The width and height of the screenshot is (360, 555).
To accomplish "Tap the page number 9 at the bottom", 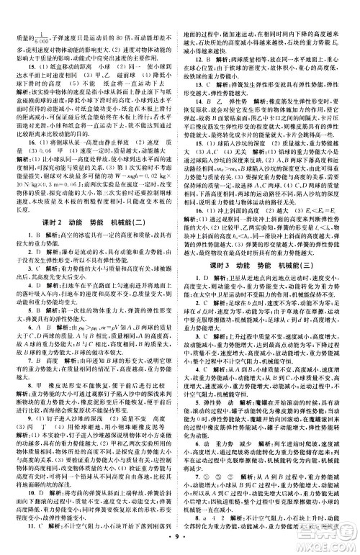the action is click(x=180, y=538).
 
